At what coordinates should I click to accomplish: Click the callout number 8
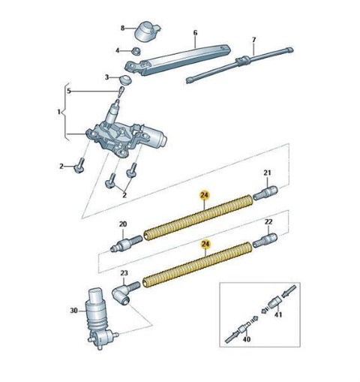coord(122,29)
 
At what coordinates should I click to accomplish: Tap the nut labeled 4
coord(136,50)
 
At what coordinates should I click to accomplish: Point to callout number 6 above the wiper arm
coord(195,33)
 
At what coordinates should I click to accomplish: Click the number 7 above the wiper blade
coord(253,40)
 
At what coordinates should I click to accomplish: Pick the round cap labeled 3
coord(125,80)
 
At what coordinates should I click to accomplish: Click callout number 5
coord(69,91)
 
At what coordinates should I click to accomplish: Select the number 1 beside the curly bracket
coord(58,112)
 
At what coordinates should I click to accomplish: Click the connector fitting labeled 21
coord(265,193)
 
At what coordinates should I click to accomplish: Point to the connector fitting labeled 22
coord(265,240)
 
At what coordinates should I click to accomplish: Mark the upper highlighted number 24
coord(205,196)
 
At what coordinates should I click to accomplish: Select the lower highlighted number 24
coord(205,245)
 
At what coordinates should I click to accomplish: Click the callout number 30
coord(73,311)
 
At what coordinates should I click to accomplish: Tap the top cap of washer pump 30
coord(97,296)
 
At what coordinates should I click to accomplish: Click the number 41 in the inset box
coord(278,314)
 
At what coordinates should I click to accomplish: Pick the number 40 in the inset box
coord(246,339)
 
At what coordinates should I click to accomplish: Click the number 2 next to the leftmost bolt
coord(61,166)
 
